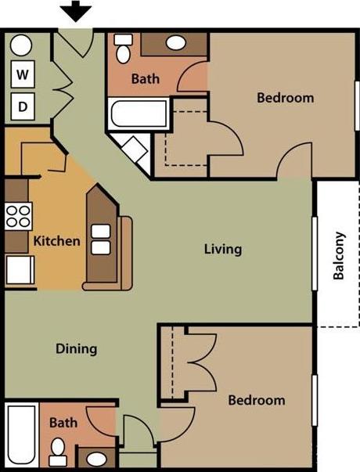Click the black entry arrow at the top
[77, 11]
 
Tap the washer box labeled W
[23, 75]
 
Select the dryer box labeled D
[23, 104]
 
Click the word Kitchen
[56, 240]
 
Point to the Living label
[223, 249]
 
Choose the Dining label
[76, 348]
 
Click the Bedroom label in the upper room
[286, 98]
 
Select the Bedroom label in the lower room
[257, 400]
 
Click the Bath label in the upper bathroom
[145, 78]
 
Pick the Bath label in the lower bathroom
[63, 423]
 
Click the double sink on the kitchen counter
[100, 240]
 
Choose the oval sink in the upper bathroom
[176, 43]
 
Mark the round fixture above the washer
[21, 45]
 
